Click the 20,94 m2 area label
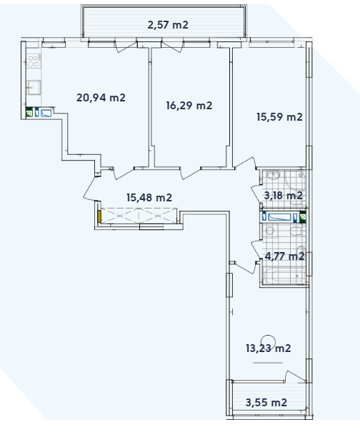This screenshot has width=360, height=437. point(101,97)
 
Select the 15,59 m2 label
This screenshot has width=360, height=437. point(279,117)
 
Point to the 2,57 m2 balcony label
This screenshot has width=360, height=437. point(167,25)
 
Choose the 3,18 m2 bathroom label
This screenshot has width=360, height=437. point(284,195)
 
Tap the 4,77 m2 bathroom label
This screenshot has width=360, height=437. point(284,255)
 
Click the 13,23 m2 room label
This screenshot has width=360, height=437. point(269,348)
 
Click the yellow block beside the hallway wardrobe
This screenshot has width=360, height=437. point(101,215)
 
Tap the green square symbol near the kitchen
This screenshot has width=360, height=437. point(29,112)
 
